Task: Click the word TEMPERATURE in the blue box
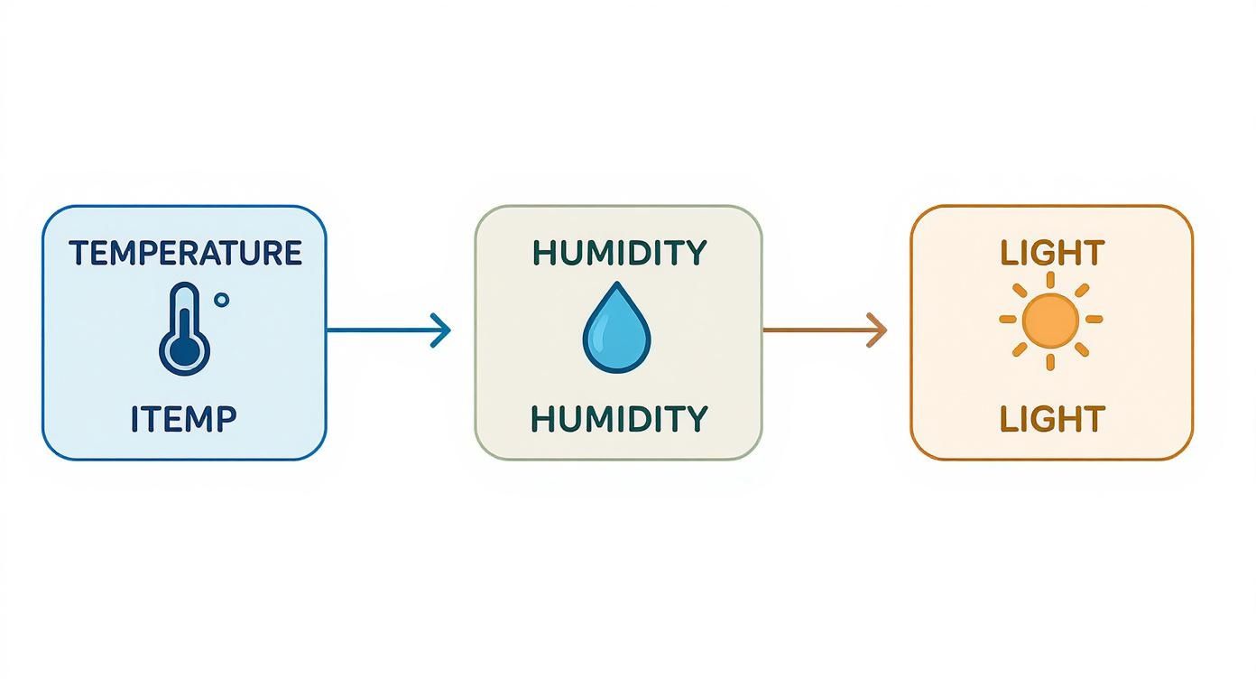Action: coord(185,253)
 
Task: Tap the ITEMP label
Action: coord(184,419)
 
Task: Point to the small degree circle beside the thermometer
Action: coord(222,300)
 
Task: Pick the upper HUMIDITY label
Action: coord(619,253)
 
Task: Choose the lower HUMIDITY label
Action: coord(619,419)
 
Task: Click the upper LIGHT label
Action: coord(1052,253)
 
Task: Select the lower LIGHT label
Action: coord(1052,419)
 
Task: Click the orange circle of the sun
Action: coord(1052,319)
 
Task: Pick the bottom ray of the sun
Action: coord(1052,361)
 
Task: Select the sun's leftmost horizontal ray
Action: coord(1009,319)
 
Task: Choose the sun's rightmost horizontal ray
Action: coord(1094,319)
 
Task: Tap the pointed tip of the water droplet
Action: coord(616,285)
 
